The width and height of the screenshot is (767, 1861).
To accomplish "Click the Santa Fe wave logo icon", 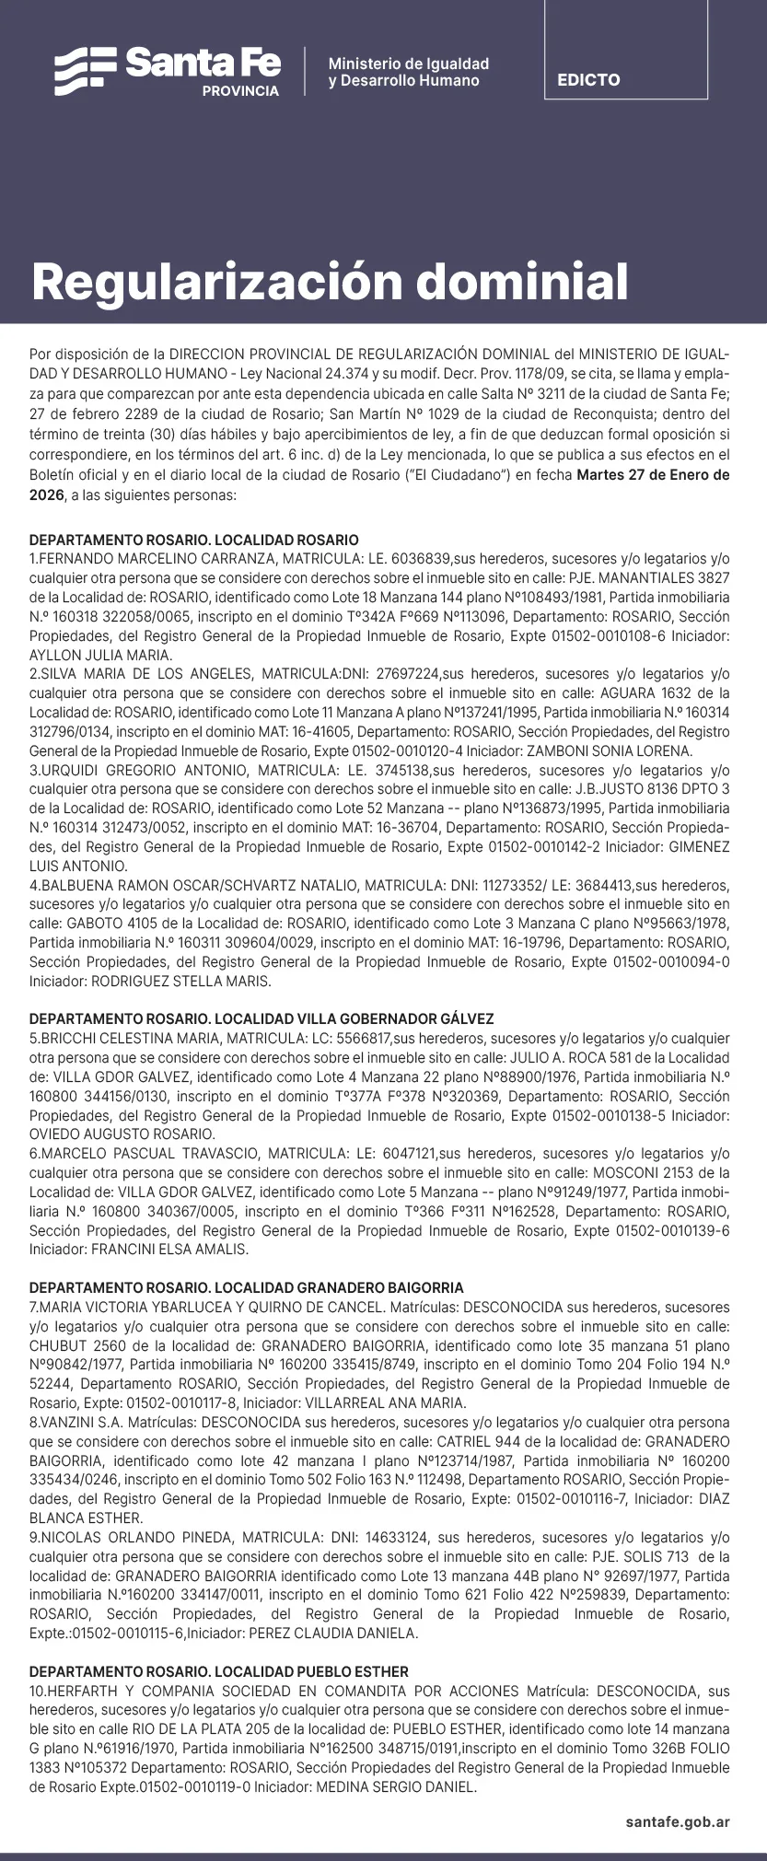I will pyautogui.click(x=85, y=71).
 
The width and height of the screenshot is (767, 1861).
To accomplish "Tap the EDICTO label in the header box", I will pyautogui.click(x=588, y=80).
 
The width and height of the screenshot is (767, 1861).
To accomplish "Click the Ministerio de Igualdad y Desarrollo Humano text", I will pyautogui.click(x=408, y=72).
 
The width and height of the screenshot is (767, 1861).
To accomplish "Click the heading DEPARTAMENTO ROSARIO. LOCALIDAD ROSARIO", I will pyautogui.click(x=194, y=541).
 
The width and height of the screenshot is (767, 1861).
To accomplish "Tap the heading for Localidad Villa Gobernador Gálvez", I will pyautogui.click(x=261, y=1019).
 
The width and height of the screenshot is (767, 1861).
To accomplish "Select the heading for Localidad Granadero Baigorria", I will pyautogui.click(x=247, y=1288).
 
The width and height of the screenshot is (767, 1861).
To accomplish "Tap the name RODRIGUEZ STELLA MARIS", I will pyautogui.click(x=180, y=982).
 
